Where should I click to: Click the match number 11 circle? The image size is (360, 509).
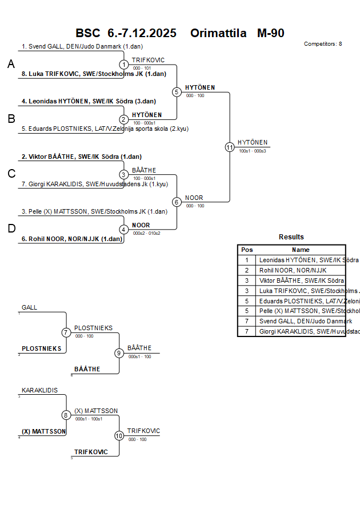pos(230,147)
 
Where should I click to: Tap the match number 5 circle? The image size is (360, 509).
pos(177,92)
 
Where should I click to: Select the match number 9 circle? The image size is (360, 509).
pos(119,353)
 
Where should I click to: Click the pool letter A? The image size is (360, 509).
pos(11,65)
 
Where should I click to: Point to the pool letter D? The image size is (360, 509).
pos(11,229)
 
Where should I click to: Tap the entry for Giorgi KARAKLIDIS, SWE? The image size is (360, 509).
pos(94,184)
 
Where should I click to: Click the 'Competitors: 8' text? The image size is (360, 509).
pos(323,44)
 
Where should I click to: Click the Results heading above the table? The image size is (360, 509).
pos(291,237)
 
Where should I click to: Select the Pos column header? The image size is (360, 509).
pos(247,250)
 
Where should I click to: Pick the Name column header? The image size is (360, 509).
pos(301,250)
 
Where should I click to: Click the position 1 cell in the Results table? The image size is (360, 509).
pos(247,260)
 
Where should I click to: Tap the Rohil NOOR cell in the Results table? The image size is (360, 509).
pos(293,270)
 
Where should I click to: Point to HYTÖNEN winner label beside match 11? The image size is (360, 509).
pos(253,142)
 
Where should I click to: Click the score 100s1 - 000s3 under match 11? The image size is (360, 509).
pos(253,151)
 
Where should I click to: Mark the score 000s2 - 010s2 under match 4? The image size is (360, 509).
pos(146,233)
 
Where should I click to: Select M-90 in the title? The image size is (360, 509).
pos(270,33)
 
